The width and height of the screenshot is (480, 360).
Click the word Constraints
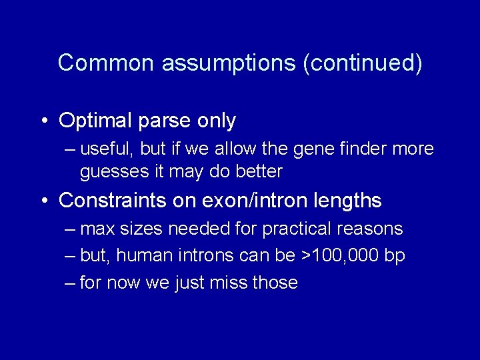[110, 200]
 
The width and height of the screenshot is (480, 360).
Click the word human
[147, 256]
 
